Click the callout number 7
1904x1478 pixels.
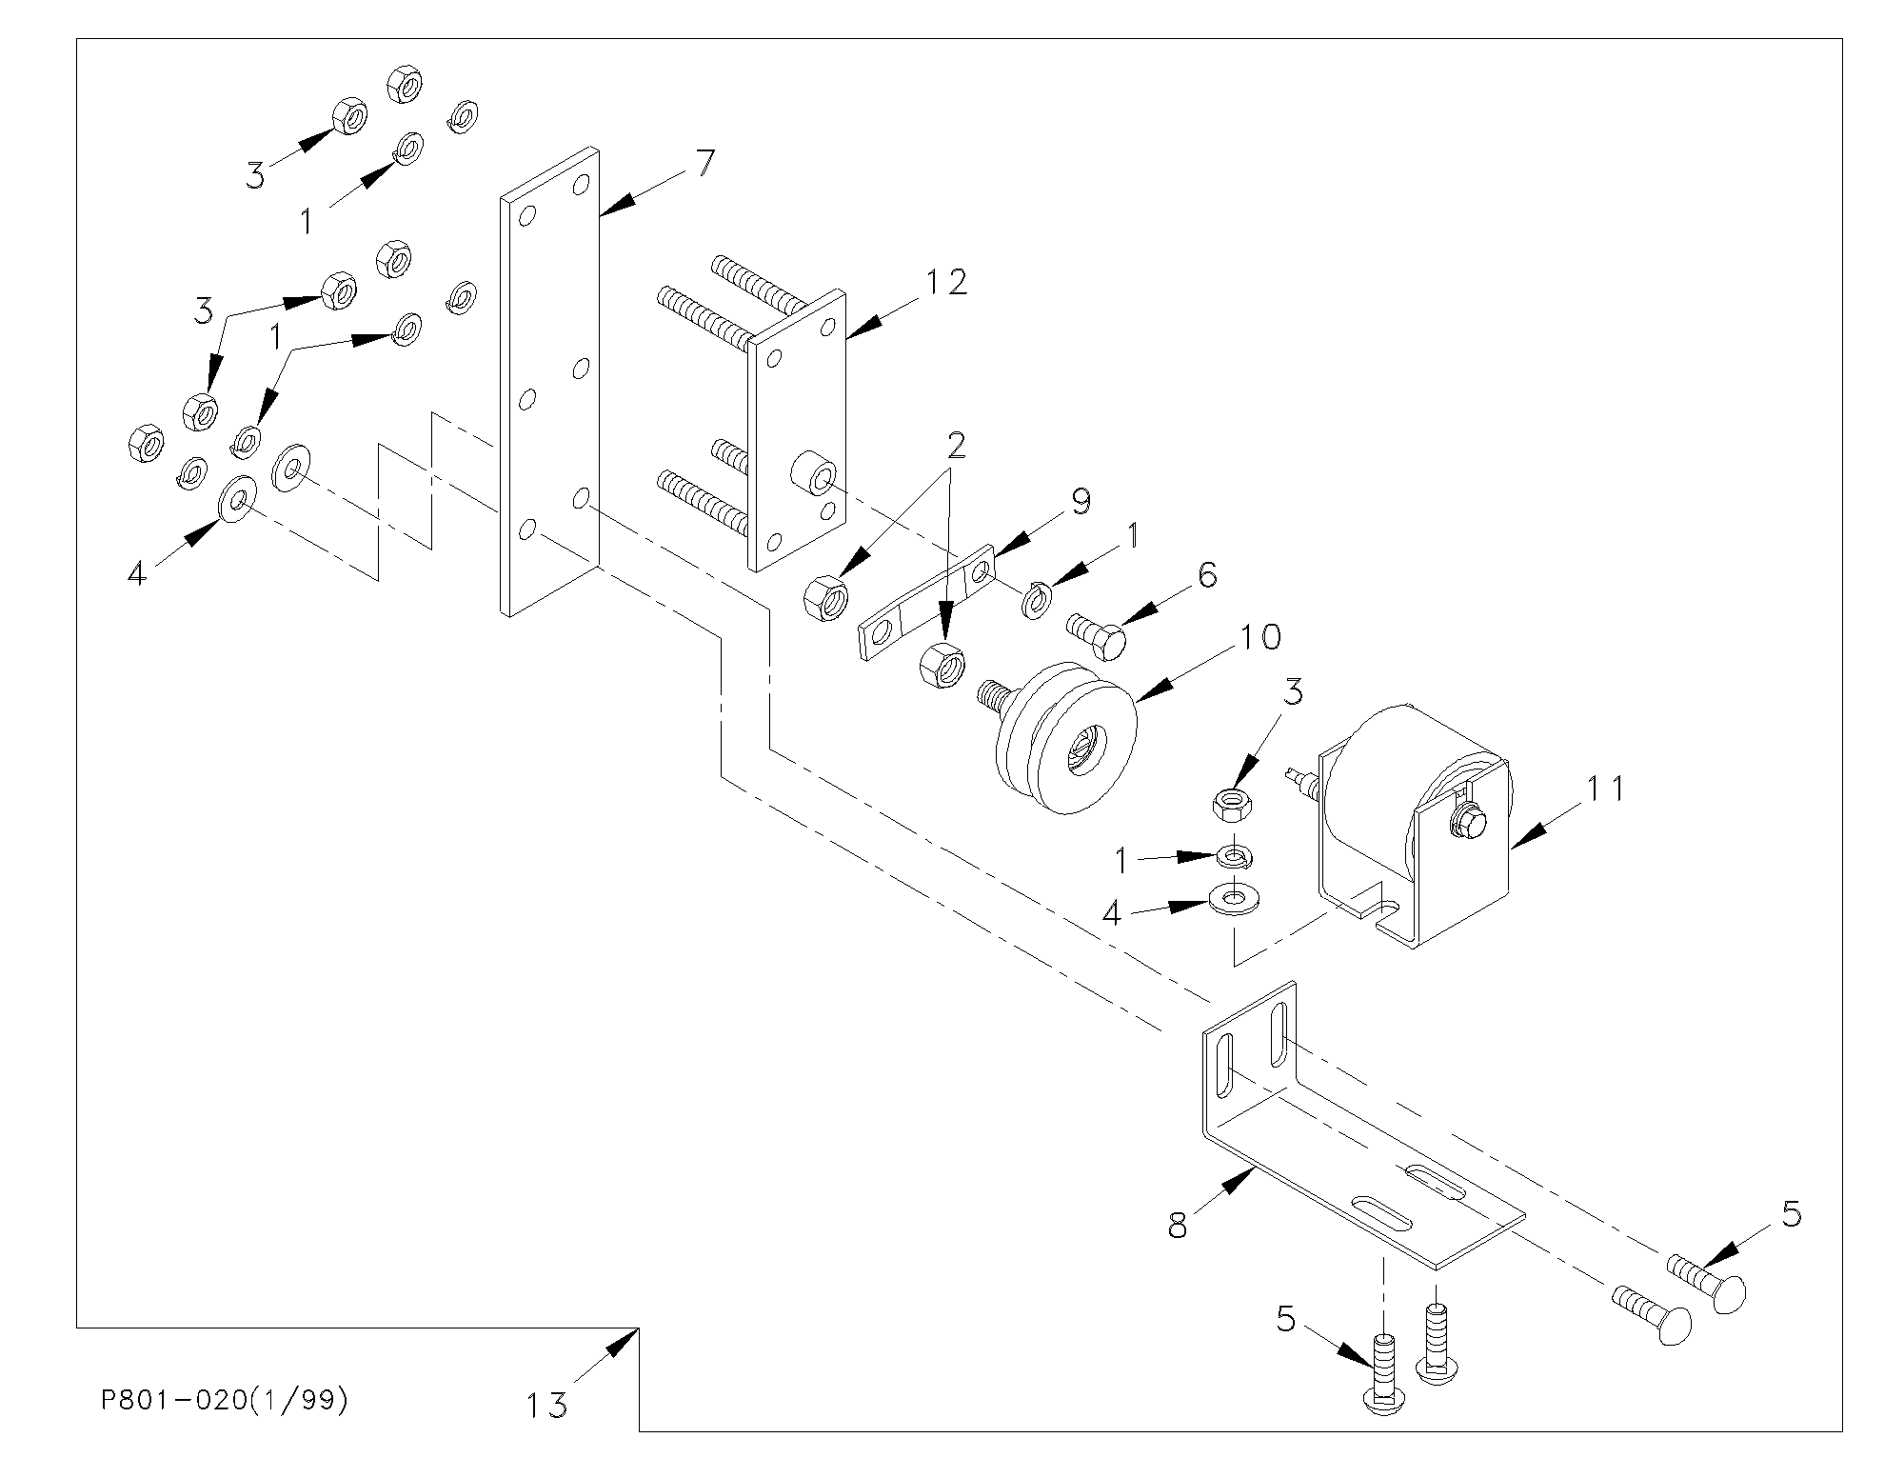[x=704, y=164]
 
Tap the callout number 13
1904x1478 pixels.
[x=547, y=1405]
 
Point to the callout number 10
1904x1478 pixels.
[x=1259, y=636]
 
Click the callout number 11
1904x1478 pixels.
[x=1604, y=789]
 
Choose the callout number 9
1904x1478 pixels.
[x=1080, y=501]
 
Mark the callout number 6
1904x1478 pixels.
[x=1206, y=575]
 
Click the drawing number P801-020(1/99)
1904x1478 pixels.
[x=225, y=1401]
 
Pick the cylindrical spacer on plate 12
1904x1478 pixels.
[x=813, y=474]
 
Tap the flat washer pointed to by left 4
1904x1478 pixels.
[x=235, y=498]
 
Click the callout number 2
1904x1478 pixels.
[x=956, y=445]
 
